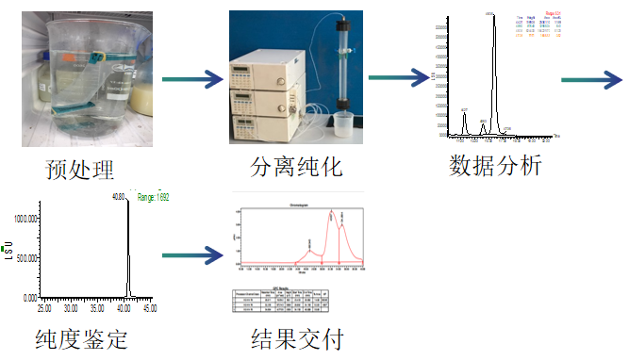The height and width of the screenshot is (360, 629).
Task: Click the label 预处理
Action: tap(80, 170)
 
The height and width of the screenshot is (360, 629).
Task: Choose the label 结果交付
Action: tap(291, 337)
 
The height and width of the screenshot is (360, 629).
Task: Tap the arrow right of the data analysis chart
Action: tap(593, 79)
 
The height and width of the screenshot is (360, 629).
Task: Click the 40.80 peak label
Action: tap(119, 197)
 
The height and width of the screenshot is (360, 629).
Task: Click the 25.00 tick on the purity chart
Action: tap(43, 308)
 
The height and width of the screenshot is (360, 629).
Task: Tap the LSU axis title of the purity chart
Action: tap(8, 253)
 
